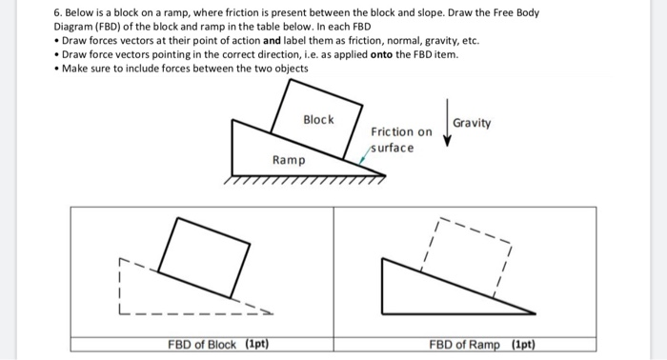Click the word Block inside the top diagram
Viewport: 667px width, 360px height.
[x=318, y=119]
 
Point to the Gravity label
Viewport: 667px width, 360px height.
[x=473, y=123]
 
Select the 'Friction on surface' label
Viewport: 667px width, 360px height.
[x=401, y=140]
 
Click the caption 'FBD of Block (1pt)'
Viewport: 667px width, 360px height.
[x=216, y=344]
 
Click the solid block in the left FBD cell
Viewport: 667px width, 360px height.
[x=205, y=256]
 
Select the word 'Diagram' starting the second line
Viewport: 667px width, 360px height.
[x=74, y=27]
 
